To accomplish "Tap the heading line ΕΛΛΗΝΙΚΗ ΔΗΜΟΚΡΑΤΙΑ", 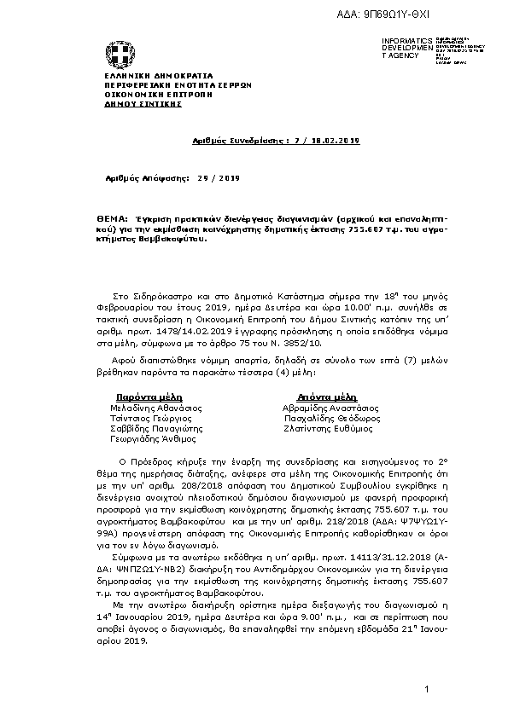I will (141, 76).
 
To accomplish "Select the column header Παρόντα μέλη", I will (144, 397).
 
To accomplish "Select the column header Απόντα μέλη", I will (325, 397).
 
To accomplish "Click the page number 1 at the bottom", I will (425, 687).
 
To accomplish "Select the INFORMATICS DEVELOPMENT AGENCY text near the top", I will (401, 48).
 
